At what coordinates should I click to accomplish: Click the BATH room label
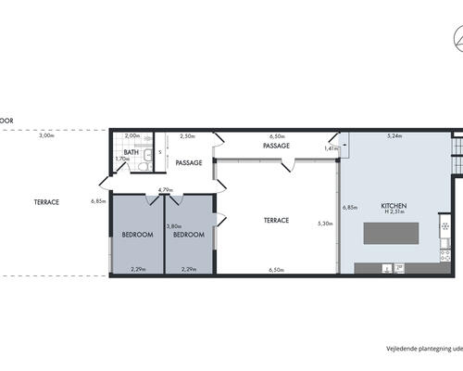(x=131, y=152)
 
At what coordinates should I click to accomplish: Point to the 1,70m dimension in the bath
(x=120, y=159)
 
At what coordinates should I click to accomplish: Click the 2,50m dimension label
(x=187, y=136)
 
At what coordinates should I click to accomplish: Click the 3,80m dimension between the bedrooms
(x=172, y=226)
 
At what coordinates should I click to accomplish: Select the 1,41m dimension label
(x=332, y=148)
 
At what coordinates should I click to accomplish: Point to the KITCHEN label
(x=394, y=205)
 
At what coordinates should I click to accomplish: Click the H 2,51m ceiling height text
(x=394, y=213)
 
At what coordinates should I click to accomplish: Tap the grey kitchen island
(x=398, y=233)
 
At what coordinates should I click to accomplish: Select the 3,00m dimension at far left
(x=46, y=136)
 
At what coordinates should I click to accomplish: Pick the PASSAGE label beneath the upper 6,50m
(x=276, y=146)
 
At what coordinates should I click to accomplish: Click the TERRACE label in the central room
(x=276, y=220)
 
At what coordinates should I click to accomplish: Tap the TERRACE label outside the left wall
(x=47, y=201)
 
